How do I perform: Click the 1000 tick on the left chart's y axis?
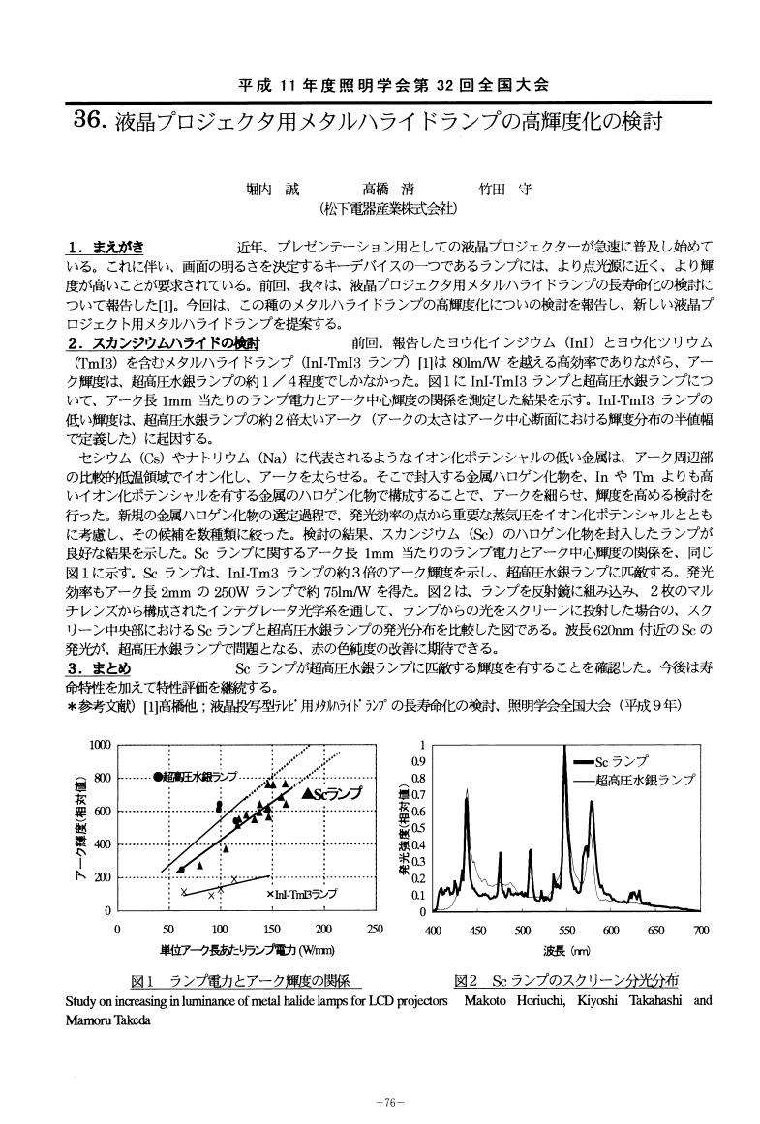point(100,744)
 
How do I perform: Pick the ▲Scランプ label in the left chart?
point(331,793)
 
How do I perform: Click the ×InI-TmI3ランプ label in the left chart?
point(301,894)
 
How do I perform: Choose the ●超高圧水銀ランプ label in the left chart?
point(197,778)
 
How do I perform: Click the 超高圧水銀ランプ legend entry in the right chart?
point(644,779)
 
